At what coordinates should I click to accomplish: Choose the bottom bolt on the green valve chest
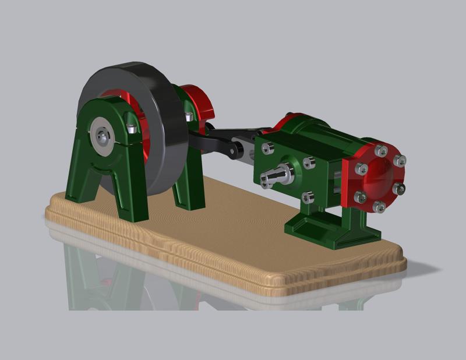pyautogui.click(x=308, y=198)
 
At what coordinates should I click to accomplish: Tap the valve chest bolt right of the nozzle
pyautogui.click(x=309, y=164)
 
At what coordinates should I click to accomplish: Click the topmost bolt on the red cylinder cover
pyautogui.click(x=381, y=150)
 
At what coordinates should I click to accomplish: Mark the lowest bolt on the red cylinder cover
pyautogui.click(x=379, y=207)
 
